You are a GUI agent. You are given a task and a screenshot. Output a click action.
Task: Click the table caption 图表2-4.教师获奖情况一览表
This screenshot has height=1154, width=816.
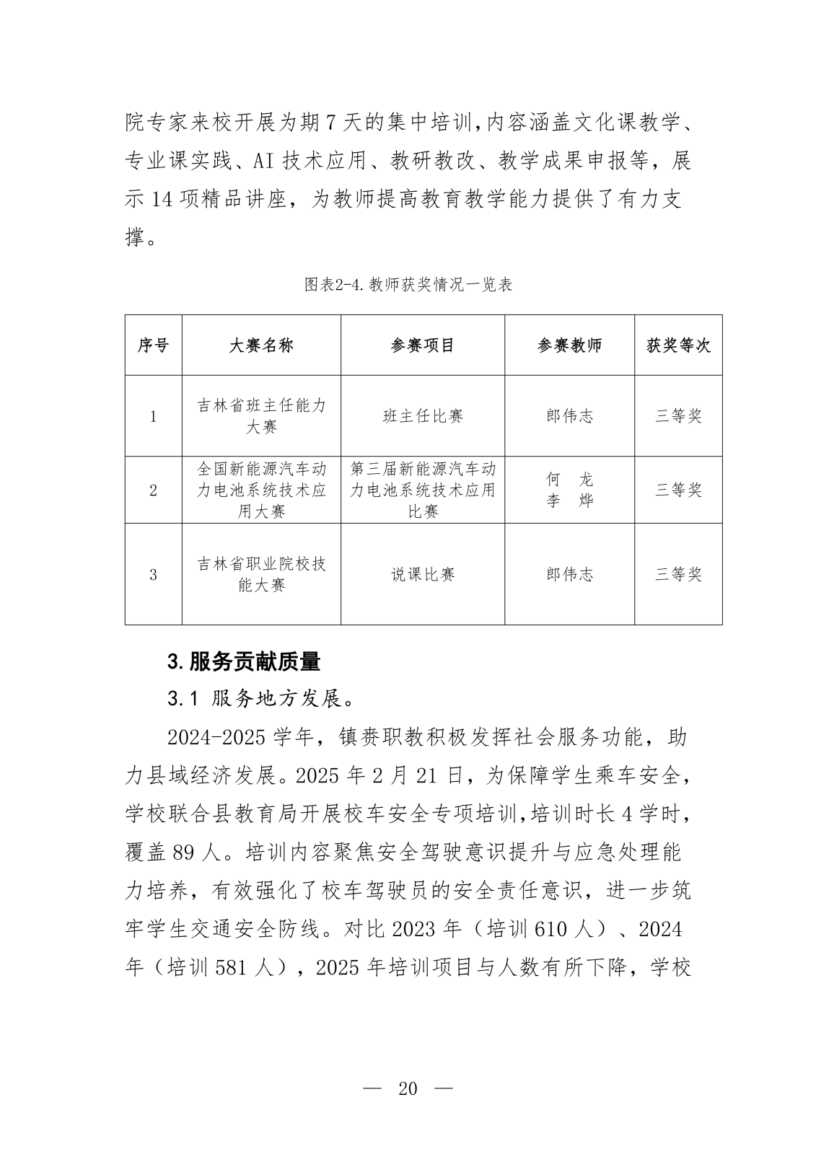[x=408, y=285]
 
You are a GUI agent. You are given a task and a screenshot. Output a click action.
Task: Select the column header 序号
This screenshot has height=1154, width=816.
[x=153, y=345]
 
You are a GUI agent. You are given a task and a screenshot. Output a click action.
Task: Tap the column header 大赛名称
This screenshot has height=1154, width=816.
[x=261, y=345]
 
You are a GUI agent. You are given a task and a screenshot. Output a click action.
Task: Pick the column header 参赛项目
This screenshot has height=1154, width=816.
[x=423, y=345]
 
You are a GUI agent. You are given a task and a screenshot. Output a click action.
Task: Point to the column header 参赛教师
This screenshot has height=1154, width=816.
[x=569, y=345]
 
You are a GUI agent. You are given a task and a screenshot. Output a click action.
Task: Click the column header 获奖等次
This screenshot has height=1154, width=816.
[x=678, y=345]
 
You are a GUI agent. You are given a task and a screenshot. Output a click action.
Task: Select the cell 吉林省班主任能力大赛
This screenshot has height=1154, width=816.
[x=261, y=416]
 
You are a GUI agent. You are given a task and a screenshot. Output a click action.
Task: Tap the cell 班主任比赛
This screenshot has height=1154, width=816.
[x=423, y=416]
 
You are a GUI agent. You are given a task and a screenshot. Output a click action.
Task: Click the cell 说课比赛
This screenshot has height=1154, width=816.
[x=423, y=575]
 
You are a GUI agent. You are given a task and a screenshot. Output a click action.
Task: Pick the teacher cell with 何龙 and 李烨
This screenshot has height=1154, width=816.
[x=569, y=490]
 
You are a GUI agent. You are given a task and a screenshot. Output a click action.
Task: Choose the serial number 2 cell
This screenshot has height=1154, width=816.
[x=153, y=490]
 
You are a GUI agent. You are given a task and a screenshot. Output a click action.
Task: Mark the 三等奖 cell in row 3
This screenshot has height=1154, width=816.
[x=678, y=575]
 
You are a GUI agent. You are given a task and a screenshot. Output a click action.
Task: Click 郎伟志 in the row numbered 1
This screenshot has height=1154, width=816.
[x=569, y=416]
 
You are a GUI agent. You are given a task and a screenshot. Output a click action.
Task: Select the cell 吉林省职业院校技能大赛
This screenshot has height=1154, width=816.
[x=261, y=575]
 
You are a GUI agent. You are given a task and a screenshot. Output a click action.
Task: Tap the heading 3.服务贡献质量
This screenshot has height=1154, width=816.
[x=244, y=661]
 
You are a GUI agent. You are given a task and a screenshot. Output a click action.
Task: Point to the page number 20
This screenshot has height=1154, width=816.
[x=408, y=1088]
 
